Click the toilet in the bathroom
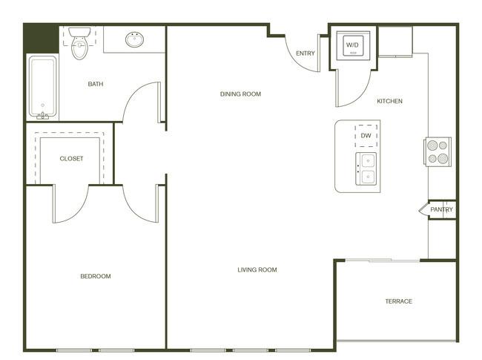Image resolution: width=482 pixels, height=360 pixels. point(79,43)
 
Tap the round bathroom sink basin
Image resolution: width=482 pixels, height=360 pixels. point(135,39)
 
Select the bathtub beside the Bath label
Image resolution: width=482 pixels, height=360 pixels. point(43,86)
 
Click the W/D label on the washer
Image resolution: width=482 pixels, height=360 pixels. point(352,45)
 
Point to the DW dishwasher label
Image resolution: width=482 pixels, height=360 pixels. point(366,136)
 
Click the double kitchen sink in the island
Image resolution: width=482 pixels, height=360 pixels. point(366,168)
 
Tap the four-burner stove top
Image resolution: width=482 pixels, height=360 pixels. point(438,151)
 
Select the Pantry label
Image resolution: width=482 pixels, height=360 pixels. point(441,209)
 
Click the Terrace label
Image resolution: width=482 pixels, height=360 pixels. point(399,301)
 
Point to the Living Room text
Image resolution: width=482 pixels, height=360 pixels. point(257,270)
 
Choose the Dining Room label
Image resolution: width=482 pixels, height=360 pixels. point(240,94)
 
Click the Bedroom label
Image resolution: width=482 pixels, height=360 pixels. point(96,276)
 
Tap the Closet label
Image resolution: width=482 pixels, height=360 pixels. point(71,158)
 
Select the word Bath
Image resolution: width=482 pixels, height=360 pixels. point(96,84)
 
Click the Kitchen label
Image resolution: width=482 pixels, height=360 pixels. point(389,101)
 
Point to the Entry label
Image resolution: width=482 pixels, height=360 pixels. point(306,53)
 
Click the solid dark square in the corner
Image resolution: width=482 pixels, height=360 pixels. point(42,39)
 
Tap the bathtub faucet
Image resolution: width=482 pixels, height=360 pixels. point(43,116)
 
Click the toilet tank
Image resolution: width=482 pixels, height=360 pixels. point(79,32)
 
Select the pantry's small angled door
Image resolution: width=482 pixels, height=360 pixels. point(423,209)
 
